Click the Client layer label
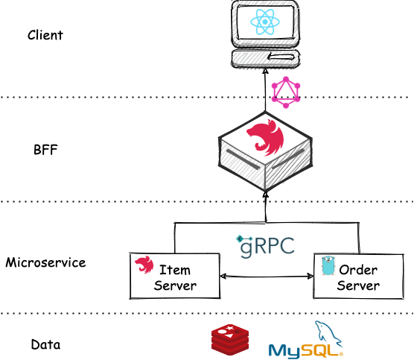(45, 35)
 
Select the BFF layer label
(45, 150)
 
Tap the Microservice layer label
(45, 262)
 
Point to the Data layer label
(45, 344)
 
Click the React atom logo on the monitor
(265, 22)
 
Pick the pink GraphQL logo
(286, 92)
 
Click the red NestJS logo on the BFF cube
(265, 137)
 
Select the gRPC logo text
(265, 246)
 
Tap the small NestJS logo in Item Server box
(144, 265)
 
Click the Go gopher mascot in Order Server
(328, 265)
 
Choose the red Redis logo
(230, 340)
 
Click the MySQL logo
(306, 341)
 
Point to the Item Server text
(175, 278)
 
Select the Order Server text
(358, 278)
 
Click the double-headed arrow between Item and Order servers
(267, 277)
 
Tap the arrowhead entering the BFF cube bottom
(266, 195)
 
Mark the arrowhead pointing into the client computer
(266, 71)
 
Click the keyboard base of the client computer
(266, 59)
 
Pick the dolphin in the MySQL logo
(328, 334)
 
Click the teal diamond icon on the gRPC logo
(241, 239)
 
